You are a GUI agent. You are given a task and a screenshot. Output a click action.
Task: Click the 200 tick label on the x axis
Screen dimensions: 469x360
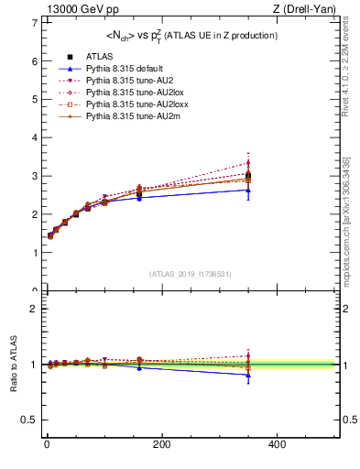click(161, 444)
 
